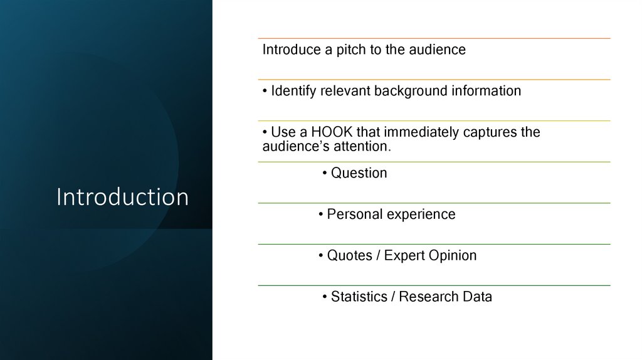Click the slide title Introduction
click(x=122, y=197)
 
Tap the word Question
click(x=359, y=173)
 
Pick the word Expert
click(x=404, y=256)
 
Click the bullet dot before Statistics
click(x=325, y=298)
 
